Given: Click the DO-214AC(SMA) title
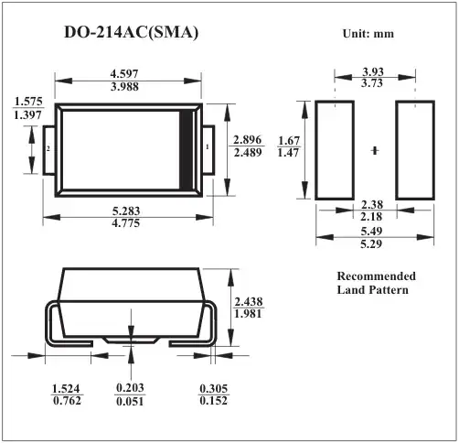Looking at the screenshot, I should pyautogui.click(x=131, y=33).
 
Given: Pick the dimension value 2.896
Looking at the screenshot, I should pyautogui.click(x=249, y=139).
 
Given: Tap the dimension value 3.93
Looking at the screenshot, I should pyautogui.click(x=372, y=70).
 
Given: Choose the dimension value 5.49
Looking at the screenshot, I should pyautogui.click(x=372, y=232).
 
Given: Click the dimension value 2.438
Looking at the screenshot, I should pyautogui.click(x=250, y=301).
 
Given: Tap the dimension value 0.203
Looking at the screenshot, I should pyautogui.click(x=130, y=388).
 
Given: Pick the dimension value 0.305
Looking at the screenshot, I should pyautogui.click(x=214, y=388).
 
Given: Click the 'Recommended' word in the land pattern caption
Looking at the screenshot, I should pyautogui.click(x=376, y=276).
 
